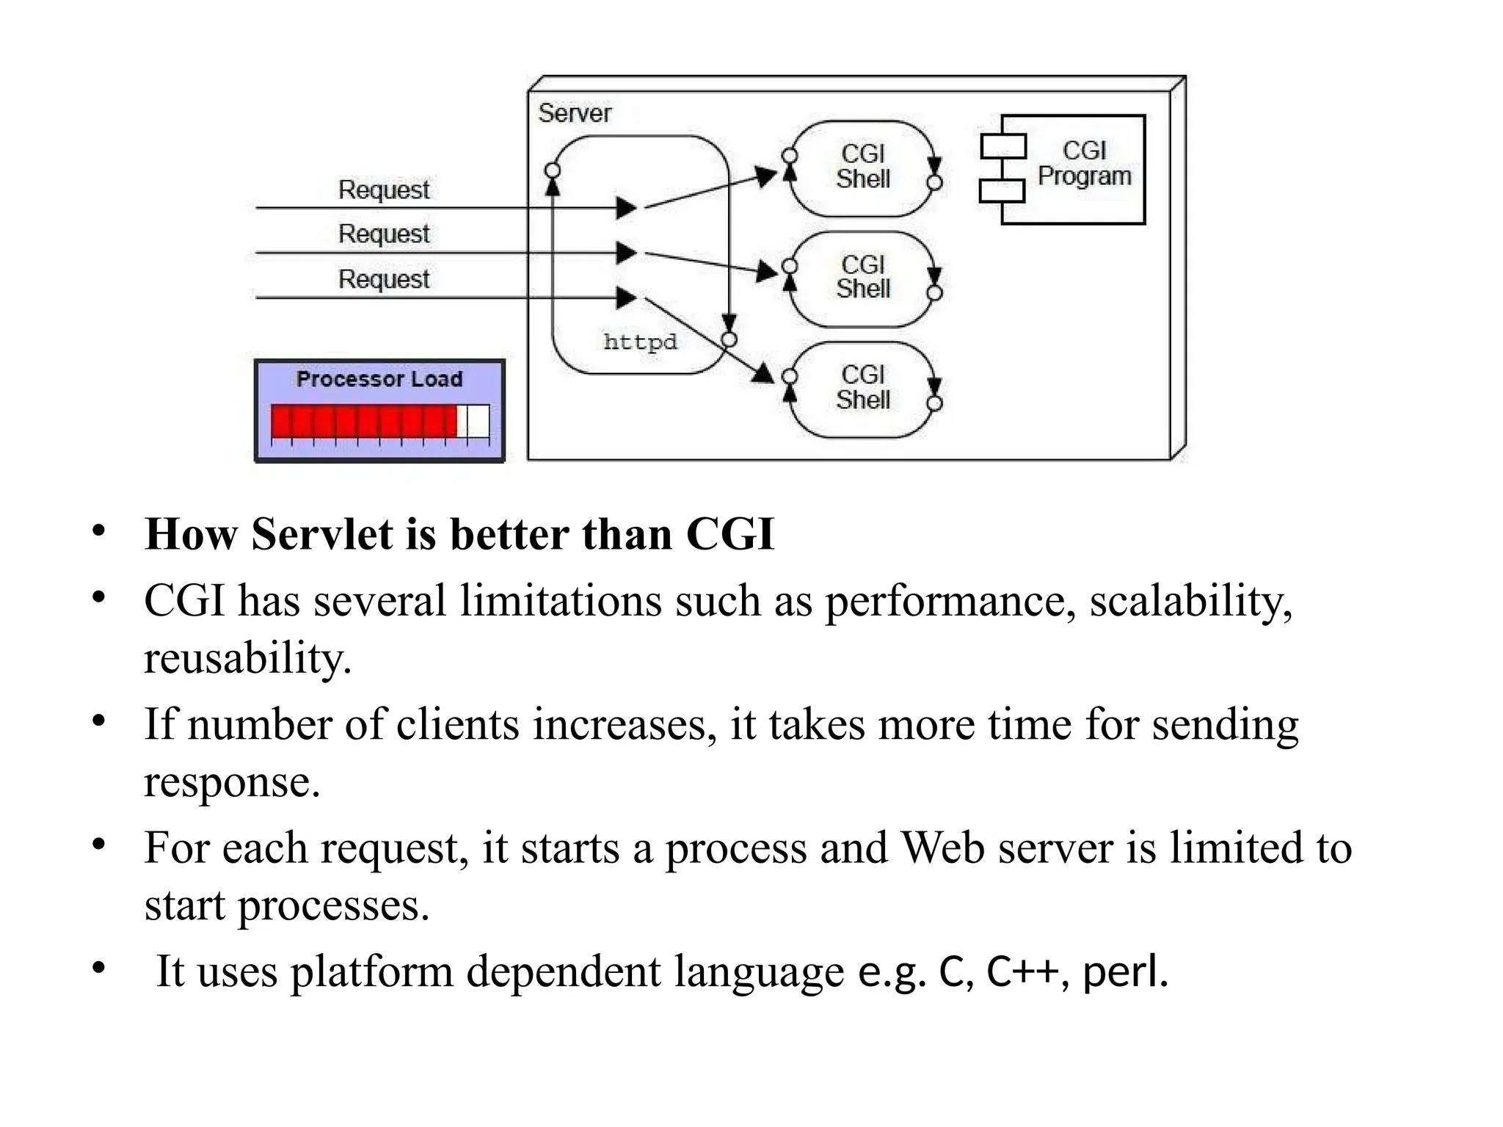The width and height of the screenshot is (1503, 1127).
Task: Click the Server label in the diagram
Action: pyautogui.click(x=574, y=113)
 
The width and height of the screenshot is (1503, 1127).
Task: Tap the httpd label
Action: pyautogui.click(x=640, y=342)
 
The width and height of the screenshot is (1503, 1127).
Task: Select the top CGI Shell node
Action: pyautogui.click(x=862, y=167)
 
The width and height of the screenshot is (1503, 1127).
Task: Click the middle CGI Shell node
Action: pyautogui.click(x=862, y=277)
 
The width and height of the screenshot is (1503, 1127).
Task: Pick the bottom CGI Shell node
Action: pyautogui.click(x=862, y=388)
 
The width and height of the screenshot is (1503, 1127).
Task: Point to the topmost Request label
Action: pyautogui.click(x=383, y=190)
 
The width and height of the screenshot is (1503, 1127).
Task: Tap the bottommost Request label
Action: pyautogui.click(x=383, y=280)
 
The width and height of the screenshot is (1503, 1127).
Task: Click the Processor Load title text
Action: pyautogui.click(x=379, y=379)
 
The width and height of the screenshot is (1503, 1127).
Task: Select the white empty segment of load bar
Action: pyautogui.click(x=477, y=422)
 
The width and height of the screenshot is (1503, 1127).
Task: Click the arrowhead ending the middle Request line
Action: pyautogui.click(x=626, y=253)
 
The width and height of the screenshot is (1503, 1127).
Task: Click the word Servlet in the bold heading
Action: pyautogui.click(x=321, y=534)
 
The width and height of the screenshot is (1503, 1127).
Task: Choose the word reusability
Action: pyautogui.click(x=247, y=658)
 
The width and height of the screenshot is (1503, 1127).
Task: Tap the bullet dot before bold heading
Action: pyautogui.click(x=99, y=531)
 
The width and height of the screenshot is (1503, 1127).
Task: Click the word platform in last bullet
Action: pyautogui.click(x=372, y=972)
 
